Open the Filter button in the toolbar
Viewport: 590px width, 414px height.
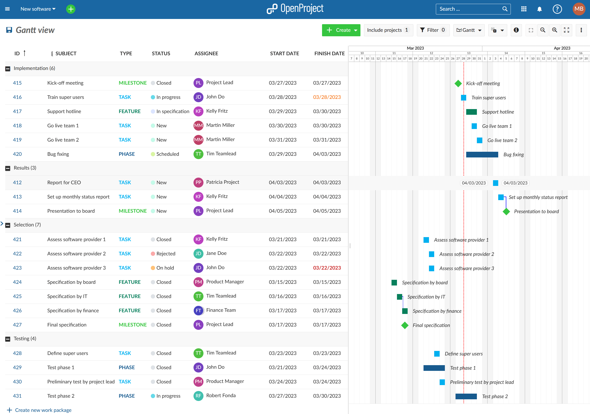coord(433,30)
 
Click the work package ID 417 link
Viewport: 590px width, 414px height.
coord(17,111)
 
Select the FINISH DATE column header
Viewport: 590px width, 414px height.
coord(329,53)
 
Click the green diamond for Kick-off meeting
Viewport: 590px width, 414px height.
coord(458,83)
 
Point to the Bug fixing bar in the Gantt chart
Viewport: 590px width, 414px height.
coord(482,154)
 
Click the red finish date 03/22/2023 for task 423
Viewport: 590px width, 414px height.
coord(327,268)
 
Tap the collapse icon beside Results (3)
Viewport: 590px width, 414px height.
coord(8,168)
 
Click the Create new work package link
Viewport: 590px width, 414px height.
coord(43,410)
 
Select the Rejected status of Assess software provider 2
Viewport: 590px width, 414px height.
coord(166,254)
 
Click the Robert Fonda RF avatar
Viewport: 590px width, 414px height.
coord(198,396)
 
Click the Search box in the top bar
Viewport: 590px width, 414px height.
coord(470,9)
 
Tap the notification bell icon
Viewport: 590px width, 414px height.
coord(539,9)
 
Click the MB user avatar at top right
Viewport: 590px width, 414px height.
coord(579,9)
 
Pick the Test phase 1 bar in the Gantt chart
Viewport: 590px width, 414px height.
coord(434,368)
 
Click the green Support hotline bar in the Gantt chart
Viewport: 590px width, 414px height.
coord(471,112)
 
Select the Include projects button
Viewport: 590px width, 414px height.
coord(388,30)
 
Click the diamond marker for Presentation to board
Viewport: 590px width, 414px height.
coord(506,212)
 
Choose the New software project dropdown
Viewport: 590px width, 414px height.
coord(38,9)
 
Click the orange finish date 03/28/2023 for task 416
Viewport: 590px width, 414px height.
coord(327,97)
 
